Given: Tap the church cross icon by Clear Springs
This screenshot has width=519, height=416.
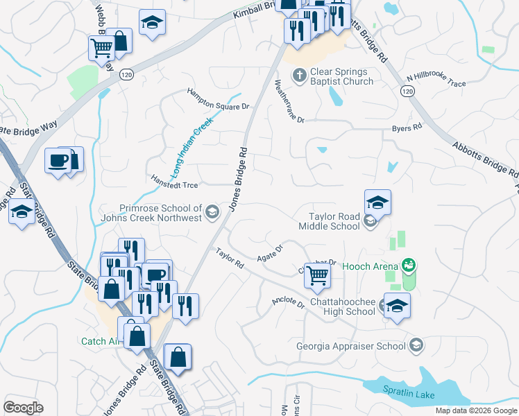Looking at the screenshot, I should [x=299, y=74].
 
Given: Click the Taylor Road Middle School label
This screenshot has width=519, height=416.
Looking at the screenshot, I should [x=330, y=221].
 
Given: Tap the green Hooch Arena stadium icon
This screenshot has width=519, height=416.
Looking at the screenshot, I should [x=408, y=265].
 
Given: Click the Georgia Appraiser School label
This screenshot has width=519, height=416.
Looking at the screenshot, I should [x=351, y=346].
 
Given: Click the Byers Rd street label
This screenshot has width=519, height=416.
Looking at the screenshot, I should [x=407, y=128].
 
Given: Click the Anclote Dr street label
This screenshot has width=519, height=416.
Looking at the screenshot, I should [x=289, y=303].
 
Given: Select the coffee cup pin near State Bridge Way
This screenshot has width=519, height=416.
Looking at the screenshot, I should [x=57, y=160].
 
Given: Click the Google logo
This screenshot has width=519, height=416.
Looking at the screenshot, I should [x=23, y=407].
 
